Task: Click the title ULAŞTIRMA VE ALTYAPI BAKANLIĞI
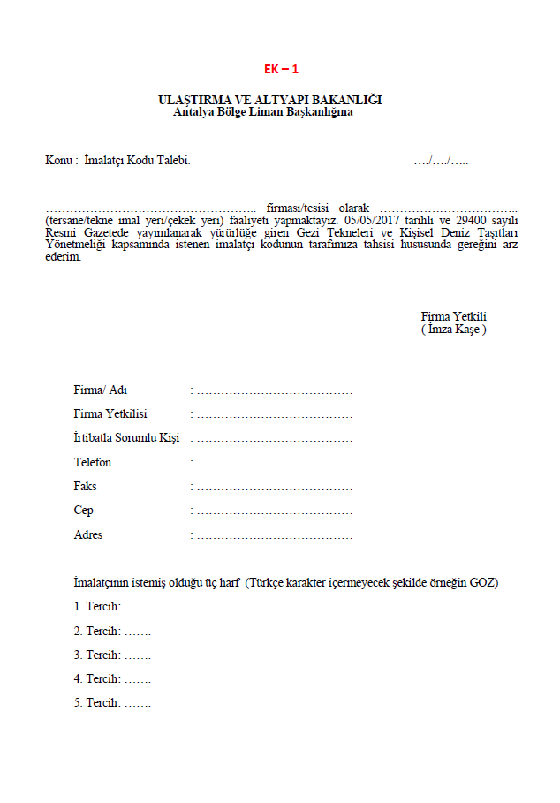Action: [269, 100]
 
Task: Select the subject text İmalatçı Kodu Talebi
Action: [137, 160]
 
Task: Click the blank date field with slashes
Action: [441, 160]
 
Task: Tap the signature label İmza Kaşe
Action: [454, 329]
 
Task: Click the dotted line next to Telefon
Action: [273, 463]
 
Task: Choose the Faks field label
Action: [86, 487]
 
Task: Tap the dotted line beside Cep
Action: [273, 511]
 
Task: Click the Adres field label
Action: [88, 534]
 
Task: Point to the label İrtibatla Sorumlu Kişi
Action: [126, 438]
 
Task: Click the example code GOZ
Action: [482, 583]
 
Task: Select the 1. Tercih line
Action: [112, 607]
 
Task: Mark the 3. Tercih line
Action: [112, 655]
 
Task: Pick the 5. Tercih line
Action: [112, 702]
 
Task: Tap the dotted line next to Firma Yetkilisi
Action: [273, 414]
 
